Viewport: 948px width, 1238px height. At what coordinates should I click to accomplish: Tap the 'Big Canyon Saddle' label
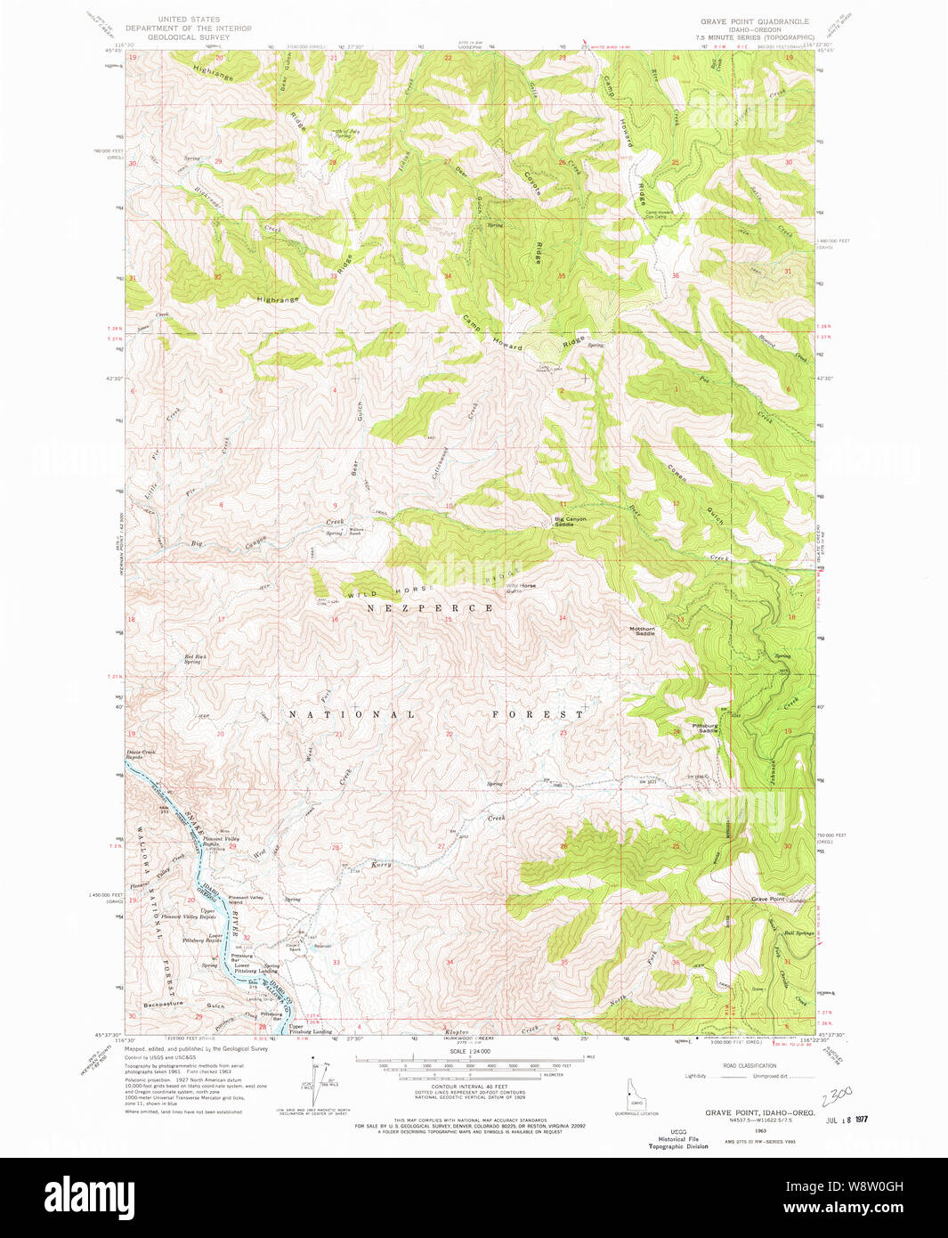(570, 522)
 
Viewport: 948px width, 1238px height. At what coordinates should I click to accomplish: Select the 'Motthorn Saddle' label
(642, 631)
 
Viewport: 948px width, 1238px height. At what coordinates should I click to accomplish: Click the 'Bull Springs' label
(798, 933)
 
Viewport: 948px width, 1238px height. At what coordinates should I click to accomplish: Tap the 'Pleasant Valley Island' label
(246, 900)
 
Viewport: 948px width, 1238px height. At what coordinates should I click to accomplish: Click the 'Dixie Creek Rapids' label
(142, 754)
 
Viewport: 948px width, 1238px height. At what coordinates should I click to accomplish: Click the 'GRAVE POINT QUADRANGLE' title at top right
(754, 20)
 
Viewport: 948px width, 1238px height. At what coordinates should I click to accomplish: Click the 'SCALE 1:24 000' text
(470, 1052)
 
